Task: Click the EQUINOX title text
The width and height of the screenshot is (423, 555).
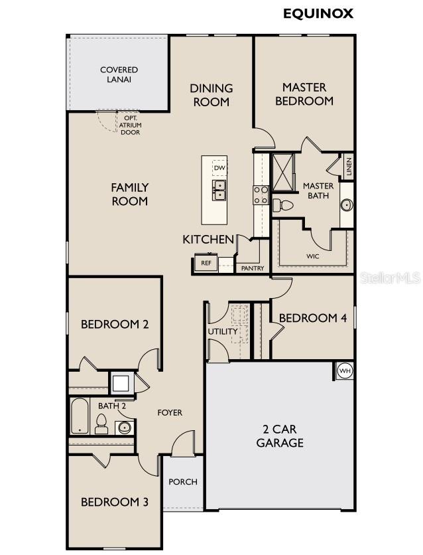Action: coord(318,13)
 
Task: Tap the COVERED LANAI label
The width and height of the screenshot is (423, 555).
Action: coord(119,74)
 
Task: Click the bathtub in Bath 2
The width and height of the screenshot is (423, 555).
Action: coord(80,416)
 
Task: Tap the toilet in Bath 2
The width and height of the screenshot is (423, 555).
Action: coord(101,424)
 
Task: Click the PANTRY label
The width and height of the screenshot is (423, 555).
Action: coord(253,268)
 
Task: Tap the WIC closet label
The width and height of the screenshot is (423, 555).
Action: coord(313,256)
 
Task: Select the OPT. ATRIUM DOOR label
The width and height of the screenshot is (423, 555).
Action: coord(130,125)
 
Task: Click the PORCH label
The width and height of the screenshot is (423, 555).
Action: coord(182,481)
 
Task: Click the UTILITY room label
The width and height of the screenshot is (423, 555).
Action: coord(222,331)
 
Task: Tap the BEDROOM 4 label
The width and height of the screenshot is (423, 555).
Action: coord(312,318)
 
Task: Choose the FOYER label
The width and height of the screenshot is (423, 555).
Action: coord(170,412)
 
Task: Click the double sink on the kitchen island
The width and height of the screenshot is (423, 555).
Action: coord(219,190)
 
